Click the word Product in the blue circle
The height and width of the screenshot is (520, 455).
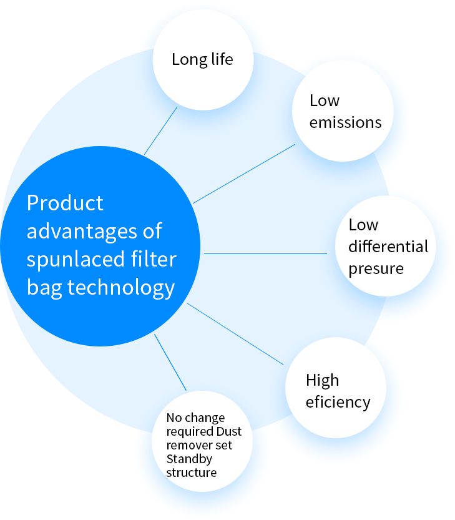point(65,204)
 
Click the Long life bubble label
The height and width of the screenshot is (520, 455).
point(202,59)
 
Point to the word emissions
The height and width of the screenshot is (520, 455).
point(345,122)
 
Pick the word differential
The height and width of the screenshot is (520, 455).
point(388,247)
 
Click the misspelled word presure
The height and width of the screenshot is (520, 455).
point(376,268)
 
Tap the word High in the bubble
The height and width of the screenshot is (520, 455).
point(322,380)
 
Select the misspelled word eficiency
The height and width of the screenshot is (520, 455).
point(338,401)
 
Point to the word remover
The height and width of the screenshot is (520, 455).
point(188,445)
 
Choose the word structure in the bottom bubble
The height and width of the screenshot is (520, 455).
point(191,473)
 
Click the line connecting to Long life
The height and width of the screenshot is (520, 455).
point(161,130)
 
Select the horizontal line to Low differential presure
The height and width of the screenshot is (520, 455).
point(265,253)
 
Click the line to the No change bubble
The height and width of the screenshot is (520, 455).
point(170,363)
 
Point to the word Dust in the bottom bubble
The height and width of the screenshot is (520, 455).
point(228,431)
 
